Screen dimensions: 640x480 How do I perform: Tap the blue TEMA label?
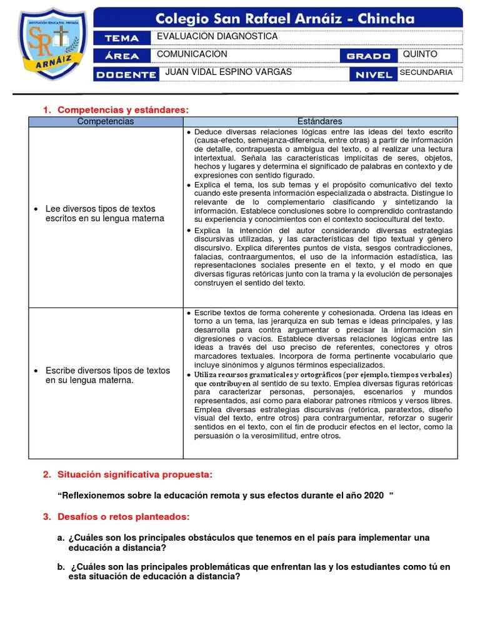[122, 37]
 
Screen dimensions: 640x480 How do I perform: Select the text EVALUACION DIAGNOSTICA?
[217, 37]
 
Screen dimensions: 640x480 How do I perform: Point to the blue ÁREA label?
[122, 56]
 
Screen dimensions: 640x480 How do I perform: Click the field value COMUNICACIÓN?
[192, 55]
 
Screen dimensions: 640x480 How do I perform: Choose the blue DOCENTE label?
[124, 74]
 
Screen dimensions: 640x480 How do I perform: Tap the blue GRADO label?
[369, 56]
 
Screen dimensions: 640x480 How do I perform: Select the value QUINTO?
[420, 54]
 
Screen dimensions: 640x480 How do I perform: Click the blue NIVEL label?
[373, 74]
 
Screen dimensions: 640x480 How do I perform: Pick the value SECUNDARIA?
[426, 72]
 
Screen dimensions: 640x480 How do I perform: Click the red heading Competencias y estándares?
[122, 110]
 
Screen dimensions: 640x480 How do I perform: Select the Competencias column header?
[105, 121]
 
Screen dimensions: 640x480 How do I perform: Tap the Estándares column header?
[320, 121]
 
